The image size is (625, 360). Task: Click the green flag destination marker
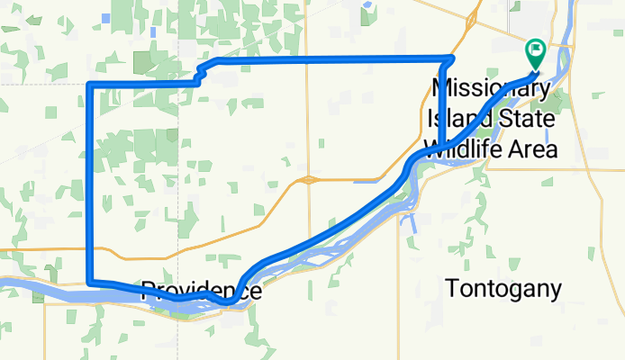point(535,51)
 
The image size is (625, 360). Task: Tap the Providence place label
point(201,291)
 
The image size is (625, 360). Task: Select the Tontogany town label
point(503,290)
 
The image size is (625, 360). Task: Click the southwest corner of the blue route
point(89,283)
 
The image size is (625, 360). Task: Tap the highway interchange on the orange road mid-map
point(309,179)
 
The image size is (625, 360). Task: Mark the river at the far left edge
point(7,286)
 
